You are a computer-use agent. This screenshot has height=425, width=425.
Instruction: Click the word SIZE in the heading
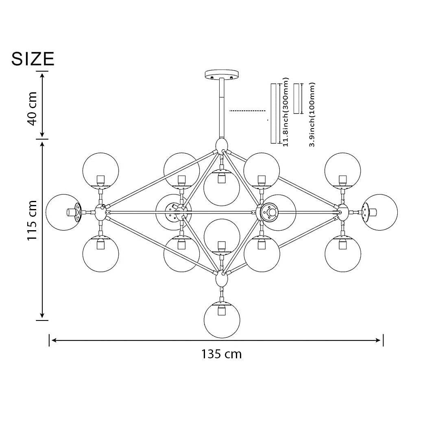(33, 59)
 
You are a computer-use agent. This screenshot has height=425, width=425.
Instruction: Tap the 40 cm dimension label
(32, 109)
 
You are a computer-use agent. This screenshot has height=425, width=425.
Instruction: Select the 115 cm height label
(32, 220)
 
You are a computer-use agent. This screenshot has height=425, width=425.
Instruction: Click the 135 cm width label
(221, 354)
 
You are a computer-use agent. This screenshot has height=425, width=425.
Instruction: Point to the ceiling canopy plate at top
(222, 74)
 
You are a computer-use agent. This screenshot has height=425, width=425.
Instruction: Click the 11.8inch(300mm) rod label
(286, 112)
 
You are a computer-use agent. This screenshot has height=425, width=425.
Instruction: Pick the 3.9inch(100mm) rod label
(312, 115)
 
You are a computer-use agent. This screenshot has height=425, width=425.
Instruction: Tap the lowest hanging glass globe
(222, 320)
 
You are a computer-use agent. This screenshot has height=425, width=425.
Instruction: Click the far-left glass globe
(64, 212)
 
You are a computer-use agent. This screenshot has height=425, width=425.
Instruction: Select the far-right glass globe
(379, 212)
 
